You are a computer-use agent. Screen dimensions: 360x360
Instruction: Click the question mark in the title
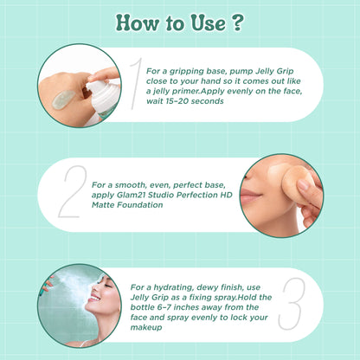(237, 22)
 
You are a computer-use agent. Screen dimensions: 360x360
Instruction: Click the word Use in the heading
(209, 22)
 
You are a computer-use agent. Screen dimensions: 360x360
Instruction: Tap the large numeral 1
(136, 84)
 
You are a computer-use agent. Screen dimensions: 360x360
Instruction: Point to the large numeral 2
(73, 191)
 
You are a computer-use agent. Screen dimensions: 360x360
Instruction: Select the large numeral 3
(292, 304)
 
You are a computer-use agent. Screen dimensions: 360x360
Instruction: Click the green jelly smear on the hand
(63, 100)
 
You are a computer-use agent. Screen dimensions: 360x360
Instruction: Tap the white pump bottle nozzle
(98, 86)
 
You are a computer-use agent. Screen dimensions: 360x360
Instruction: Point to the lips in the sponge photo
(249, 195)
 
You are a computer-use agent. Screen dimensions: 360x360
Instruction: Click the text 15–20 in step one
(178, 101)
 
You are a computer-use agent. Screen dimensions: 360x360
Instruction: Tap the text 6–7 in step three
(164, 307)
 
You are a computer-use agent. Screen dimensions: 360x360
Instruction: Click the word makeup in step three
(146, 328)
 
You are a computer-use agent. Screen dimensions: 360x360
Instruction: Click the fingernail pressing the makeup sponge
(303, 184)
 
